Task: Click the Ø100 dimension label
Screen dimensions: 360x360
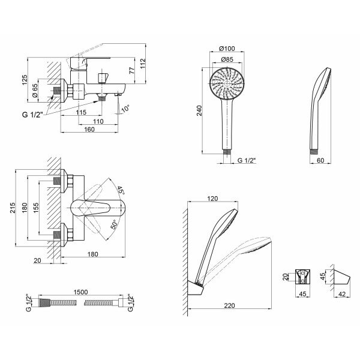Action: pos(227,49)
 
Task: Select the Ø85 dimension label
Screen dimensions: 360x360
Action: pos(227,59)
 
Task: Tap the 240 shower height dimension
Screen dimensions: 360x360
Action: pos(199,110)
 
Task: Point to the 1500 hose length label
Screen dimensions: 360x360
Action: pos(80,292)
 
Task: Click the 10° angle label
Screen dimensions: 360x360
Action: pos(125,108)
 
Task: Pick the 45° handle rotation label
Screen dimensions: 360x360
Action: pos(121,190)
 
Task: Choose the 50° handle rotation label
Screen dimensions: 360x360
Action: pos(114,224)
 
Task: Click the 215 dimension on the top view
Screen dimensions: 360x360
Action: pos(12,208)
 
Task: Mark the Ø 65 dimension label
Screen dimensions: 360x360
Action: pos(35,91)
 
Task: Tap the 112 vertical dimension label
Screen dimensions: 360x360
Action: pos(143,64)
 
